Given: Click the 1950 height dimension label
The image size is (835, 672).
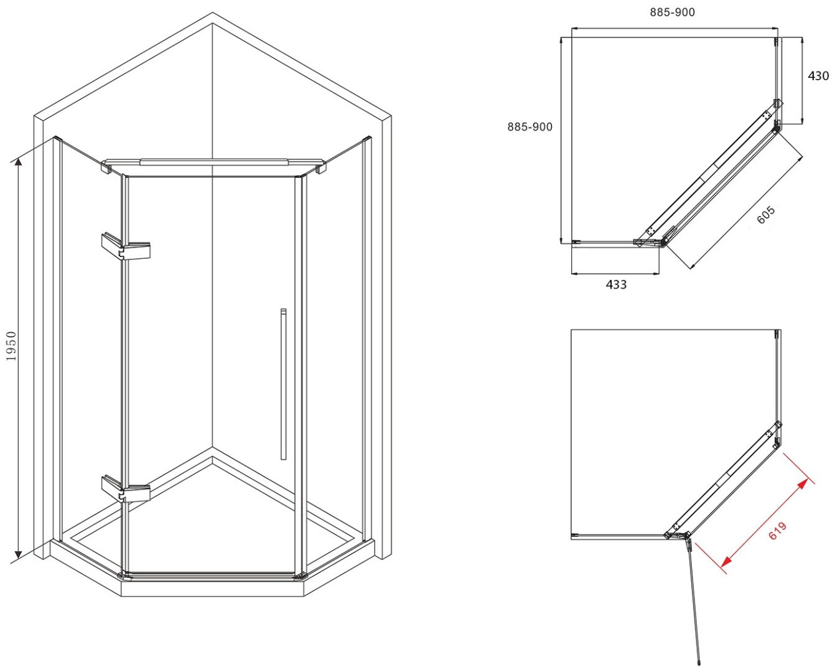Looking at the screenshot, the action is (12, 346).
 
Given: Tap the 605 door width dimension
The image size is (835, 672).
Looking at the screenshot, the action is (765, 215).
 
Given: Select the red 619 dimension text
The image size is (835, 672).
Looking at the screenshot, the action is (777, 531).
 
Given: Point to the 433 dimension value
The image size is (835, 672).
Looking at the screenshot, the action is (616, 284).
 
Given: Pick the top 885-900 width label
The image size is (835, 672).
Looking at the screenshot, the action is (673, 12).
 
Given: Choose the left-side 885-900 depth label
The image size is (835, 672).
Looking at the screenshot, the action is (530, 127).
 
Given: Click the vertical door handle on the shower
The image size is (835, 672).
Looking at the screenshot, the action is (284, 384).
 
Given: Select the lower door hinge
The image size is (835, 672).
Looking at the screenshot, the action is (125, 490).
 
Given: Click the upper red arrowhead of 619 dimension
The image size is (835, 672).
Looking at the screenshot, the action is (803, 484).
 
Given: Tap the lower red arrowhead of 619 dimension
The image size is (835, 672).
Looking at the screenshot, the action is (727, 560).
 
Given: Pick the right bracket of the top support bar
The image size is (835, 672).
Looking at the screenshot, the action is (320, 167).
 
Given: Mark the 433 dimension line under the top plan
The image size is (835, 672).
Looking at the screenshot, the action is (615, 274).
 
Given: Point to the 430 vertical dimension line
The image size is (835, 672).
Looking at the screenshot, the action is (801, 81).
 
